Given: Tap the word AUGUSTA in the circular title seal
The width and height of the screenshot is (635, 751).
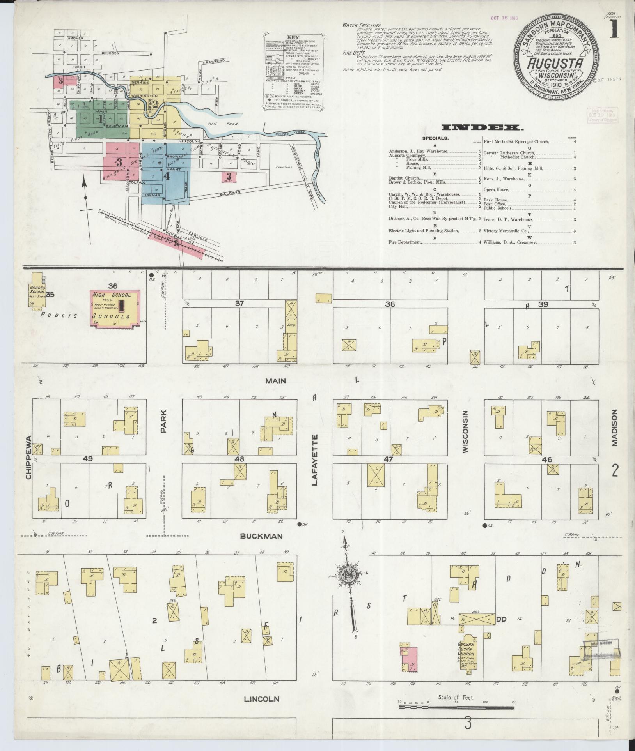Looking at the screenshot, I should [556, 64].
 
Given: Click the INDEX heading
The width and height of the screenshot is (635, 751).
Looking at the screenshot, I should [482, 127].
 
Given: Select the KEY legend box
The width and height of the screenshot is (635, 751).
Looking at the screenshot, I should [292, 71].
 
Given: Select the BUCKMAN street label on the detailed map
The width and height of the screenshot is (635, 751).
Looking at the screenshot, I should [261, 536].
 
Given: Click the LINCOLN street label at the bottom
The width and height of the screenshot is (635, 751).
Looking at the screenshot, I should [261, 699].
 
